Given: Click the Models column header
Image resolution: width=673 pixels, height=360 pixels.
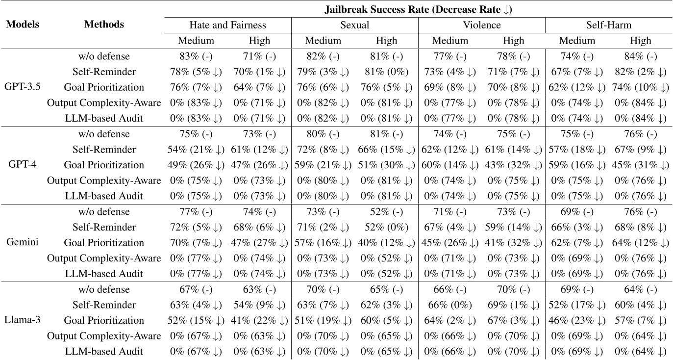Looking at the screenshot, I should [x=23, y=25].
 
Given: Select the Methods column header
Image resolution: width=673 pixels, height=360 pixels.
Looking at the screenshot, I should [x=104, y=25].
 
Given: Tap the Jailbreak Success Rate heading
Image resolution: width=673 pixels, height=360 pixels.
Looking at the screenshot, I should [x=418, y=9].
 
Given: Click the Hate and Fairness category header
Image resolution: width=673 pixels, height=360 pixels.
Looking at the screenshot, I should [x=228, y=25].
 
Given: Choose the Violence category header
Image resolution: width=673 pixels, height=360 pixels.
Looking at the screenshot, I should [x=481, y=25].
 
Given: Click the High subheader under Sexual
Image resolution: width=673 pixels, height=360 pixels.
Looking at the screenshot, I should [x=386, y=41].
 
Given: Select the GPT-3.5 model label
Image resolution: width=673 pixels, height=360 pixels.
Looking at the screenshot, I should [x=23, y=87].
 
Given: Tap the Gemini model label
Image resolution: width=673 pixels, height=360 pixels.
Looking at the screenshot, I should [x=23, y=243].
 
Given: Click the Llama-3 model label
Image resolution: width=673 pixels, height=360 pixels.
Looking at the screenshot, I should [x=23, y=320].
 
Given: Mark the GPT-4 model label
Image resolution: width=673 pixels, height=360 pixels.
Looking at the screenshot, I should [x=23, y=165].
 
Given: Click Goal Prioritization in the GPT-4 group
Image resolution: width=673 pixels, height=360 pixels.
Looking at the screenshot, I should [x=104, y=165].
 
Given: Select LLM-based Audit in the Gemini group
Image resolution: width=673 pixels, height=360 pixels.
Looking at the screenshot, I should [x=104, y=274].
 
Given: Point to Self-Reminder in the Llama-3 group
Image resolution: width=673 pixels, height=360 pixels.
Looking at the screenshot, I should [x=104, y=305].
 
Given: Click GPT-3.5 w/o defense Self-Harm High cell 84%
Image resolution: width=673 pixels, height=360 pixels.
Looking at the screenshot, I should [x=640, y=56].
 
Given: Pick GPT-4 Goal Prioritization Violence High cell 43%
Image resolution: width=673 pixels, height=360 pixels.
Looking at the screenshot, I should [x=513, y=165].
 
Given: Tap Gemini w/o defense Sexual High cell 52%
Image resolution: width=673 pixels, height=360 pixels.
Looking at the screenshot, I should [x=386, y=212].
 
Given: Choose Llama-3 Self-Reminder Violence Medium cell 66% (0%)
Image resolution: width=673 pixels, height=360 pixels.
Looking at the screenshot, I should [x=449, y=305].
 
